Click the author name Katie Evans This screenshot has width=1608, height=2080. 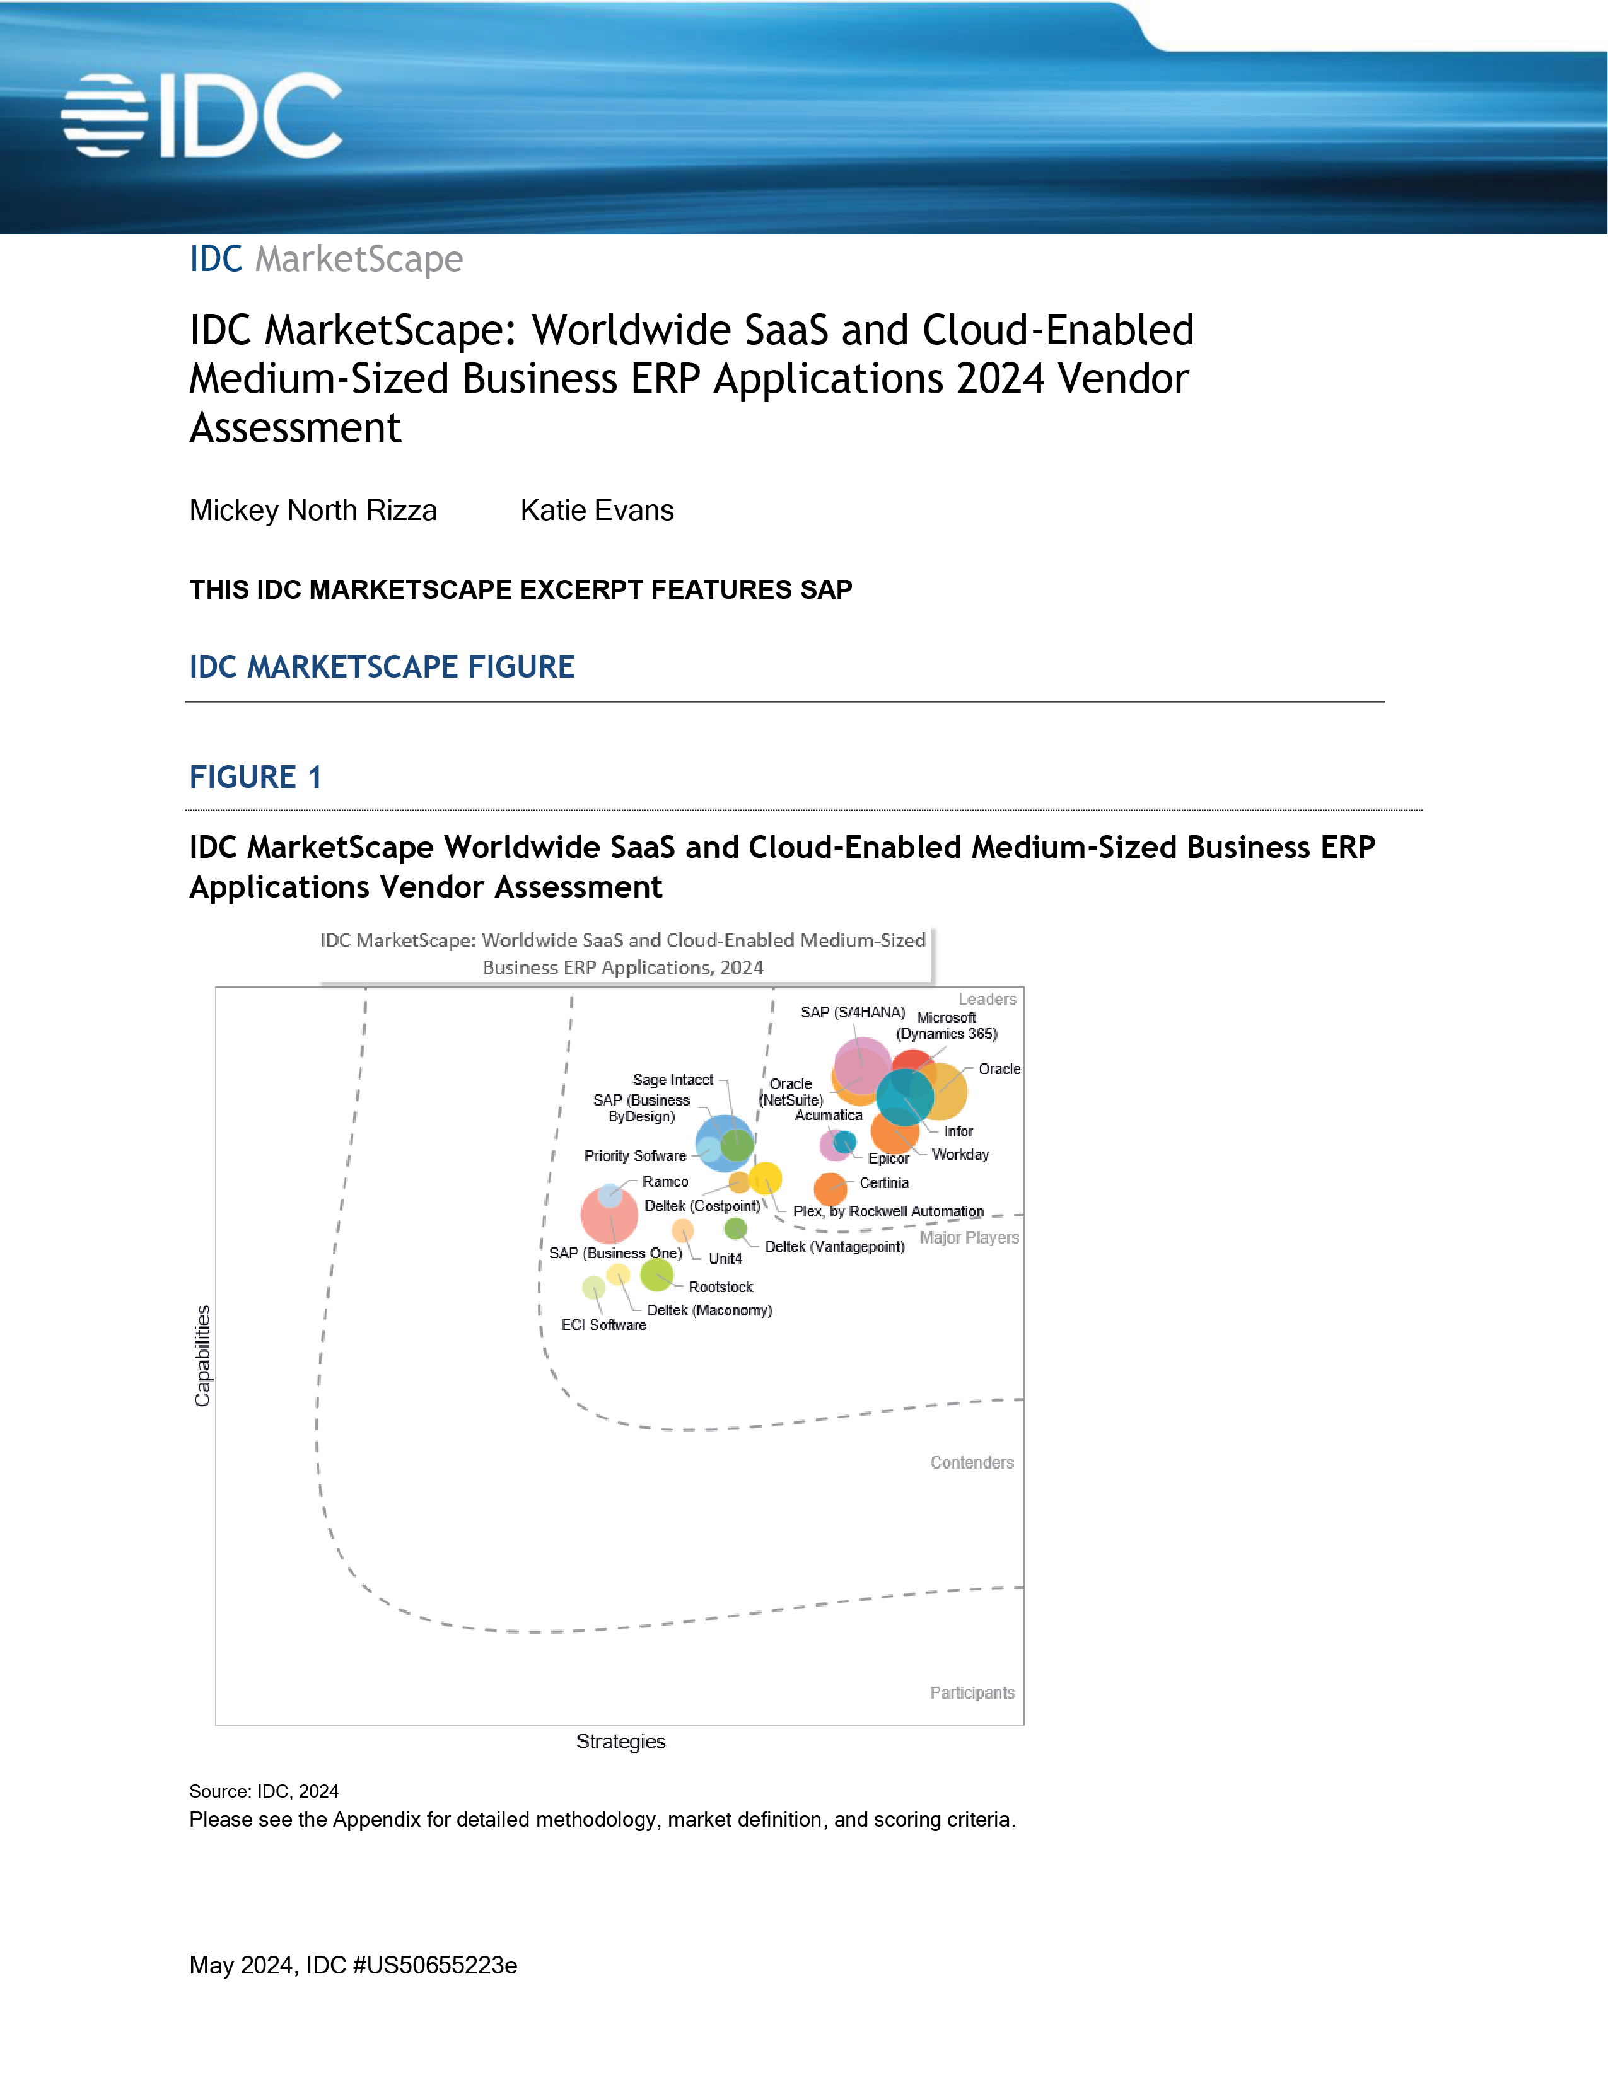[597, 511]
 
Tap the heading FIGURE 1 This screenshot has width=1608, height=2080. [255, 777]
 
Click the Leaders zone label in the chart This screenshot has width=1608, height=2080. [987, 999]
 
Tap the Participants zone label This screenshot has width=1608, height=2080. [972, 1692]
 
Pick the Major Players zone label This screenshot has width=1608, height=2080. [969, 1238]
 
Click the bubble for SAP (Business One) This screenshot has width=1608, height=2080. [610, 1215]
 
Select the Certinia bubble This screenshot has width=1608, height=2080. [830, 1187]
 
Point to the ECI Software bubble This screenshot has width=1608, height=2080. [593, 1288]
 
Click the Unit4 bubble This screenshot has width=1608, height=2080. [682, 1230]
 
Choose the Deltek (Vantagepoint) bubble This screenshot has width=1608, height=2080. [735, 1228]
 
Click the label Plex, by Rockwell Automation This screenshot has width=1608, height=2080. [888, 1211]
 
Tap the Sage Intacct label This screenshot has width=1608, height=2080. [673, 1080]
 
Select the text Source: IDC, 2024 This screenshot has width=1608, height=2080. [264, 1791]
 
